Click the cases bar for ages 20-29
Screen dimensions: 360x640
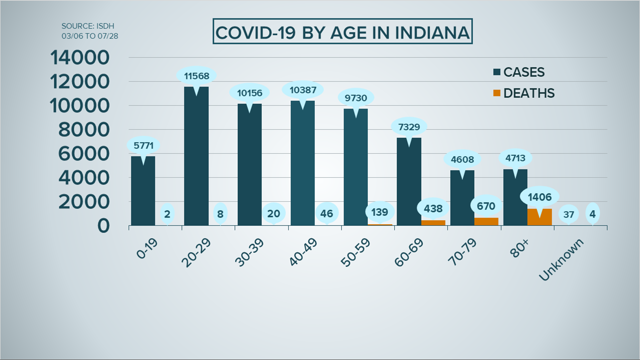[196, 160]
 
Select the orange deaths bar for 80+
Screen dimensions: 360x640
[540, 218]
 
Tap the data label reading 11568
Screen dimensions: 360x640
[197, 76]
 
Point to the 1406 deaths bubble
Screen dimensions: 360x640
[540, 197]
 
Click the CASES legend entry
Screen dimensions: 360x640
[519, 72]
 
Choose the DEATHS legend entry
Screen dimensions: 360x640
[524, 93]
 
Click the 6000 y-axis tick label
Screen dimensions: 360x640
[84, 154]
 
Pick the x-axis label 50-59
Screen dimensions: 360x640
[356, 252]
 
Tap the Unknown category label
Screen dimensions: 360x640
[561, 259]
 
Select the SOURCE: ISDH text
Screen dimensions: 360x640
[88, 26]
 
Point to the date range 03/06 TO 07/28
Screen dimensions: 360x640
[90, 36]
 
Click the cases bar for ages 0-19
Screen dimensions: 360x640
[143, 193]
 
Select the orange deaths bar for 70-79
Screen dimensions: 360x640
[486, 222]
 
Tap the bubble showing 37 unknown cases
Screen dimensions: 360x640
[568, 214]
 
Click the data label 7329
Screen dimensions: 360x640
[409, 127]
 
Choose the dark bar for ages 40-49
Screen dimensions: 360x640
[303, 167]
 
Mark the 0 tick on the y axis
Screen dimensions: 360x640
[103, 226]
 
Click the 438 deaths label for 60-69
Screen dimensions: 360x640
[433, 209]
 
